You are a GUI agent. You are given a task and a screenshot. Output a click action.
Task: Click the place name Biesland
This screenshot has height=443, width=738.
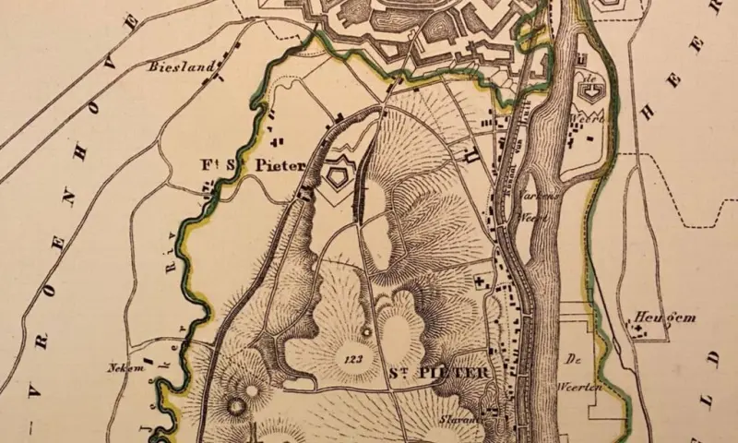(182, 66)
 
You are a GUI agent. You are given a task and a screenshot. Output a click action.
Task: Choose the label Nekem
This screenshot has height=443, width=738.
(122, 366)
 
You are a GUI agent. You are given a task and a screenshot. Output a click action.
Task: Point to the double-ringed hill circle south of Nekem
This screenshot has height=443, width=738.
(236, 403)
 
